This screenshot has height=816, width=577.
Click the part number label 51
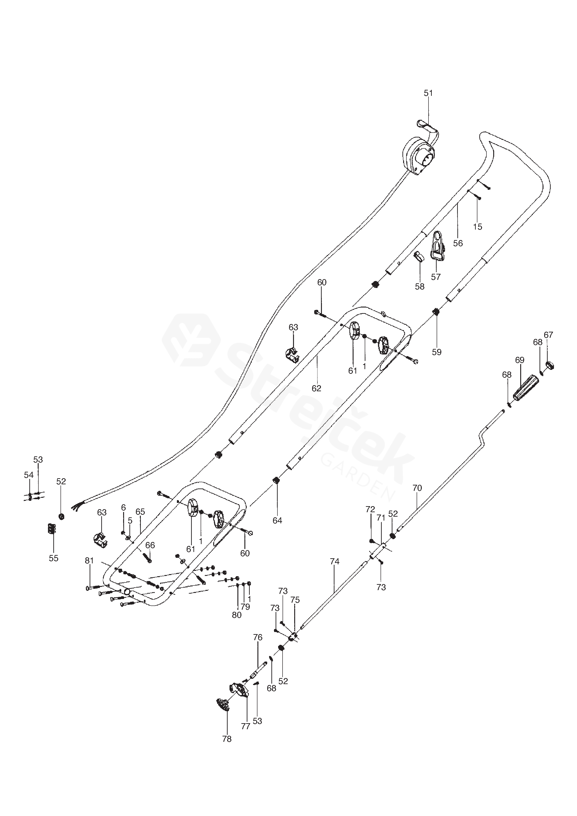[429, 93]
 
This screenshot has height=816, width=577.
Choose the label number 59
[437, 352]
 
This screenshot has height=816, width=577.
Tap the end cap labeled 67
[550, 365]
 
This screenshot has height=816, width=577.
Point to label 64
[277, 520]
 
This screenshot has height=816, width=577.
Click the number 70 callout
[417, 488]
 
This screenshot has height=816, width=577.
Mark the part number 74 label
[334, 562]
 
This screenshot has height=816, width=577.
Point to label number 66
[150, 545]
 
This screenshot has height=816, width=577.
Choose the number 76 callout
[258, 638]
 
